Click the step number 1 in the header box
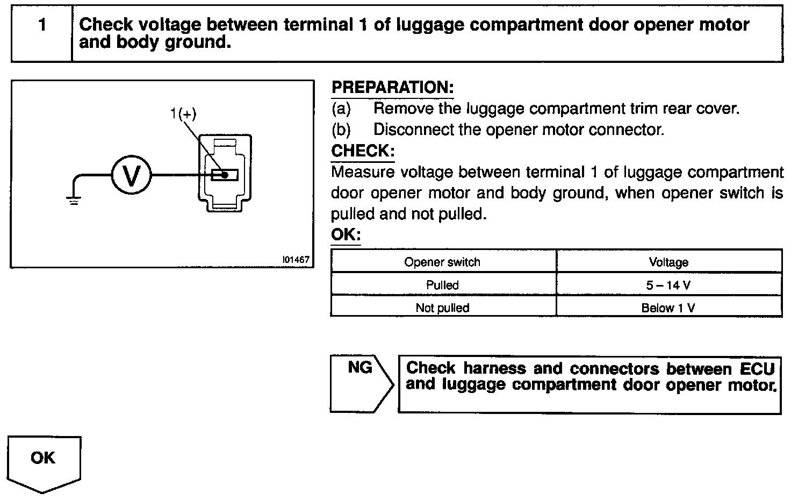(x=42, y=25)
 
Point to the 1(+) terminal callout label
(x=183, y=113)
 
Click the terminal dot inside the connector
(x=225, y=175)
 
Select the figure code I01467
(x=296, y=260)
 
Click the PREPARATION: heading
(x=392, y=88)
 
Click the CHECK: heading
(x=363, y=151)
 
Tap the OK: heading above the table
(x=346, y=235)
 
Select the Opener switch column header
(x=442, y=262)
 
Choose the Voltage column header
(x=668, y=262)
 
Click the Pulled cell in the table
(x=442, y=285)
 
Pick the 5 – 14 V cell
(x=668, y=285)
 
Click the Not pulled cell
(x=442, y=308)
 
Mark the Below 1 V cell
(x=668, y=308)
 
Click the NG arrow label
(x=359, y=368)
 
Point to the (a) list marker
(x=341, y=109)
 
